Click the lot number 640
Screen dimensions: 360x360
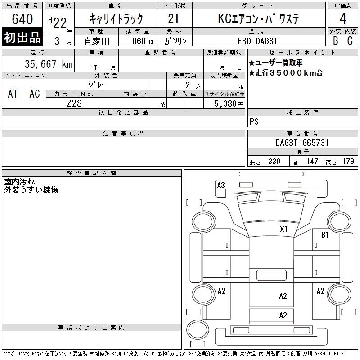pos(22,18)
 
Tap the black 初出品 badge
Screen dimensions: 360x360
pos(22,37)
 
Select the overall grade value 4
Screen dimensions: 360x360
pos(343,18)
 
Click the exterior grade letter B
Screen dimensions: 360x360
pos(335,40)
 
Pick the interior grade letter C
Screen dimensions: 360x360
pos(350,40)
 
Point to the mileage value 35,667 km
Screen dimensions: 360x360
pos(49,64)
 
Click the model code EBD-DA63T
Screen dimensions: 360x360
pos(257,41)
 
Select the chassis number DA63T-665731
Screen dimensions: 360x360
pos(301,143)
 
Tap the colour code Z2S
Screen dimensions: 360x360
pos(74,103)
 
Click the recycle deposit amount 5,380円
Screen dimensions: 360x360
pos(229,104)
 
